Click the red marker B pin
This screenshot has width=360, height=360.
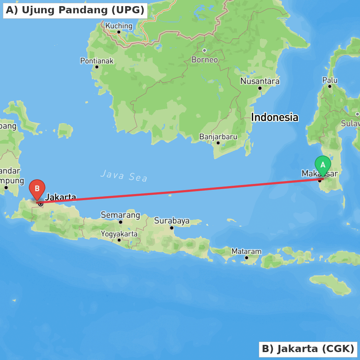pos(37,189)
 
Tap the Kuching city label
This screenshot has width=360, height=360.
pos(119,26)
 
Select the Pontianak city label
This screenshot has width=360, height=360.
pos(97,61)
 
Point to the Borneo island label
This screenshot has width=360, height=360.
pos(204,60)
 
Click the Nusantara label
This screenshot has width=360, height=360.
pos(260,81)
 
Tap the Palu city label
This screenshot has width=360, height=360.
pos(330,80)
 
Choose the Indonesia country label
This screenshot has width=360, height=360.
pos(275,117)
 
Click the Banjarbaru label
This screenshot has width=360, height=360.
pos(218,137)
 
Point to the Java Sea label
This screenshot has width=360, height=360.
pos(124,176)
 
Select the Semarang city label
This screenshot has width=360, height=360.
pos(120,215)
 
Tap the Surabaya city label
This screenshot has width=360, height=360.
pos(172,221)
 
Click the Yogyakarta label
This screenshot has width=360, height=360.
pos(119,234)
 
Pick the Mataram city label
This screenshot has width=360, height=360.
pos(247,251)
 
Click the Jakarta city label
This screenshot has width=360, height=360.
pos(60,197)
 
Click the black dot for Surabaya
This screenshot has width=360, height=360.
pos(172,228)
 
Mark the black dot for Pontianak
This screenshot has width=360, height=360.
pos(97,67)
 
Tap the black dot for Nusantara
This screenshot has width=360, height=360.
pos(260,88)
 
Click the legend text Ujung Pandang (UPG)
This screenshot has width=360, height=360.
pos(75,10)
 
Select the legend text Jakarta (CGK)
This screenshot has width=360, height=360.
pos(308,349)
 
